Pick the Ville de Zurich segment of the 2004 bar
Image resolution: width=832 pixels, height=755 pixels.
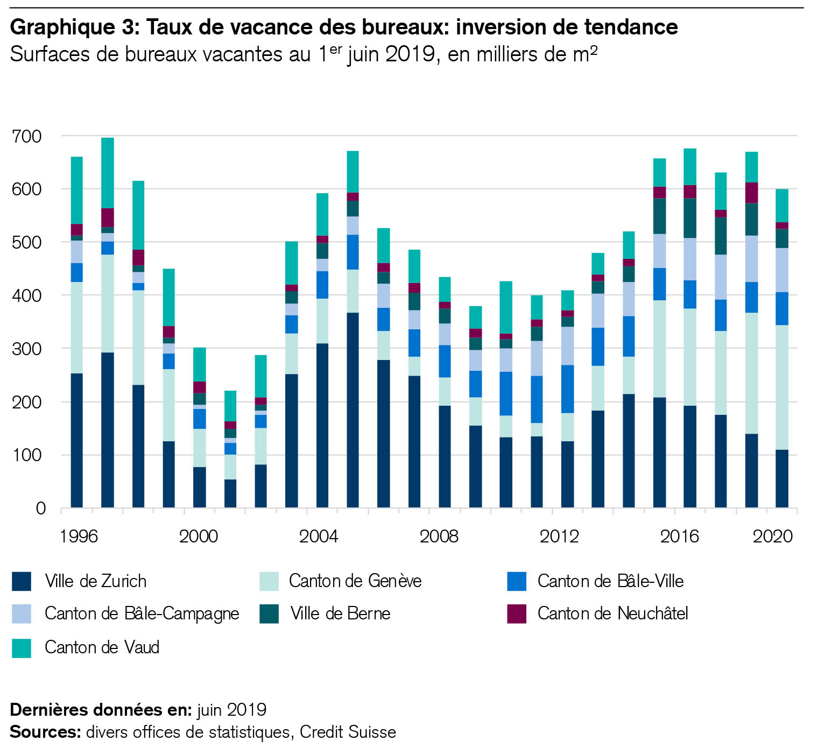(322, 425)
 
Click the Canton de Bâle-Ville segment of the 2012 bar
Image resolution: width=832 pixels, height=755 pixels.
(567, 389)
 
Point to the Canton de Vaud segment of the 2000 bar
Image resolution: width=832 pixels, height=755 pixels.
(199, 364)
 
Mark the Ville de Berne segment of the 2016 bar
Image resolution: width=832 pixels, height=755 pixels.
(689, 218)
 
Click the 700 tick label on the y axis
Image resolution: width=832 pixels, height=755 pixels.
(26, 136)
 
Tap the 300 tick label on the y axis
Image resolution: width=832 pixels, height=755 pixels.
(26, 349)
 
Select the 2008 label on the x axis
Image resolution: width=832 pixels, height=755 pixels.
(439, 536)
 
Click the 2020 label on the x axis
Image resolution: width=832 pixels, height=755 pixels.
(772, 536)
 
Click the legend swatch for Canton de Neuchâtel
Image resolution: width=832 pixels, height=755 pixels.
(516, 613)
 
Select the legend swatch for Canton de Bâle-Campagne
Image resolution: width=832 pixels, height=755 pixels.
(22, 613)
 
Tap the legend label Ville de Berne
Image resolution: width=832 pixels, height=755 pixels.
(340, 613)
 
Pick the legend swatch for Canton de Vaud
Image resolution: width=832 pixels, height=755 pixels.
(22, 647)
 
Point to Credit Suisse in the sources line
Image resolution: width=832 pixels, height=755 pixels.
(348, 732)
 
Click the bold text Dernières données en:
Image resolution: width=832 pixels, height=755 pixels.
(101, 710)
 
